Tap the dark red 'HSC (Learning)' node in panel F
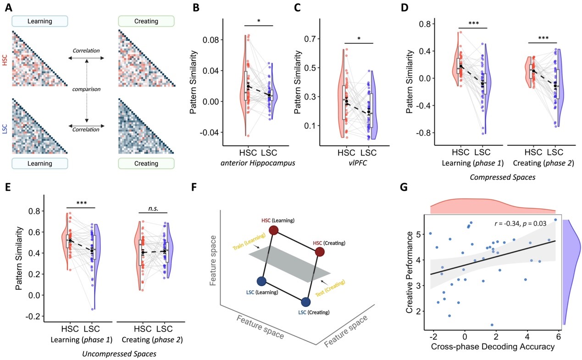pyautogui.click(x=274, y=230)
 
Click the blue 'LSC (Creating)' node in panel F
pyautogui.click(x=306, y=302)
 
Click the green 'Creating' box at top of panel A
pyautogui.click(x=146, y=21)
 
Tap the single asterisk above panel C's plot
pyautogui.click(x=359, y=39)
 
